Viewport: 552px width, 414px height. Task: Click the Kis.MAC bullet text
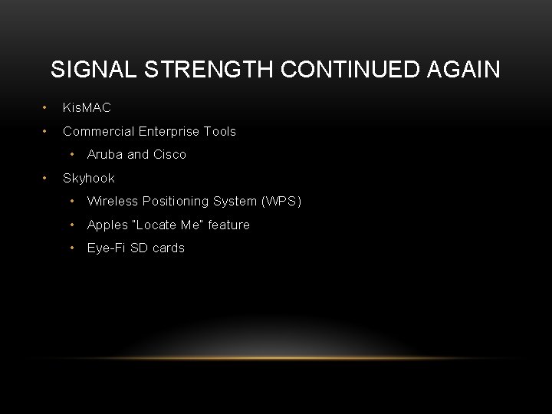coord(87,108)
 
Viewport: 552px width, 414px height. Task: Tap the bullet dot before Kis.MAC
coord(46,108)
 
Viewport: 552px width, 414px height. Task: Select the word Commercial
coord(95,132)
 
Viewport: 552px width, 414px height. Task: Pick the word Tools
coord(220,132)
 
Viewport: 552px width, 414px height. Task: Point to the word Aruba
coord(105,155)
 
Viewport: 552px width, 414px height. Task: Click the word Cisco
coord(169,155)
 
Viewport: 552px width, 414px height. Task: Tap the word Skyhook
coord(89,178)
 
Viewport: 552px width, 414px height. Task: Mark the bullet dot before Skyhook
coord(46,178)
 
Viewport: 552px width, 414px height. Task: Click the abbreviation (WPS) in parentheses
coord(281,202)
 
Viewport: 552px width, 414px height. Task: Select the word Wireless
coord(111,202)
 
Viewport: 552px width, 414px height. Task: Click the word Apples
coord(107,225)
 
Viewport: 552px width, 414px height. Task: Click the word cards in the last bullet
coord(168,248)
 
